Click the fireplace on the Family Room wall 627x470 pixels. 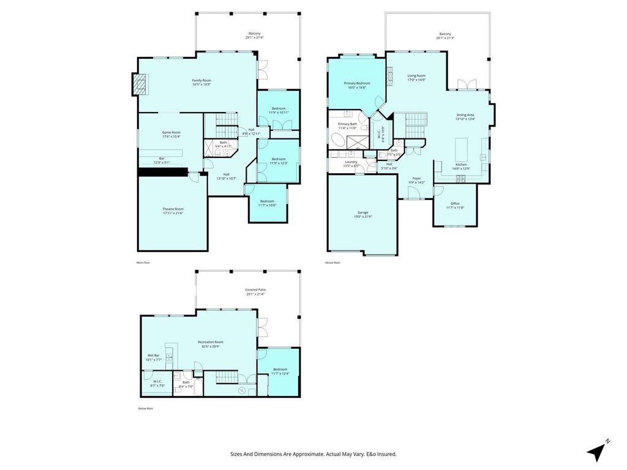pyautogui.click(x=140, y=84)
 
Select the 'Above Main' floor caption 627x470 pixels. pyautogui.click(x=332, y=263)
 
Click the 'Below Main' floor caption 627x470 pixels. pyautogui.click(x=145, y=408)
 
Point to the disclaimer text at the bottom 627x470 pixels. pyautogui.click(x=313, y=454)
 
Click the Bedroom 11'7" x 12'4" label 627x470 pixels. pyautogui.click(x=280, y=371)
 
